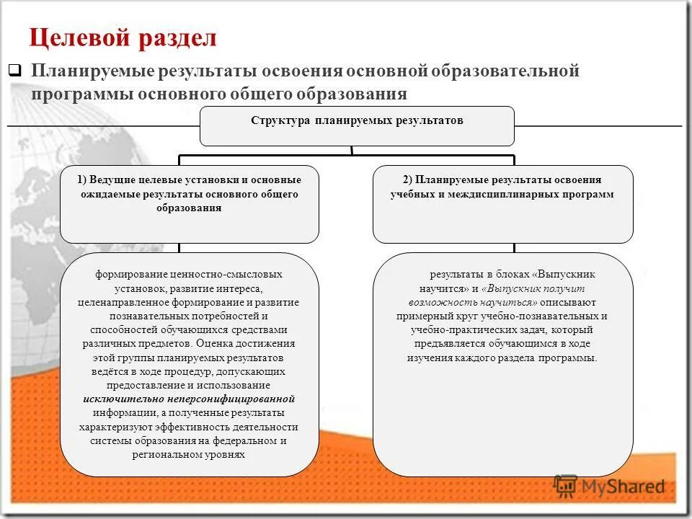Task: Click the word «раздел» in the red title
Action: coord(177,38)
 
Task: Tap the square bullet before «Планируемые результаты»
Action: coord(14,71)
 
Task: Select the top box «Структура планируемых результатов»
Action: coord(357,121)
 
